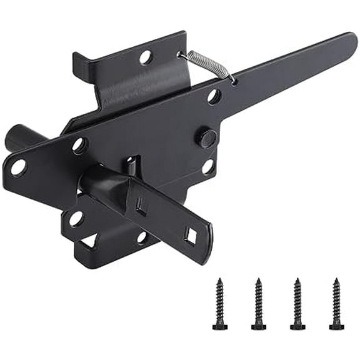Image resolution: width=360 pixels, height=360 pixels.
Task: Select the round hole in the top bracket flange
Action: (x=146, y=57)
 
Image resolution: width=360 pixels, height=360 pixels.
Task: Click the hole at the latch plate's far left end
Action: (x=18, y=167)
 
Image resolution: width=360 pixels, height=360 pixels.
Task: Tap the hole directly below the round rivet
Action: (x=208, y=167)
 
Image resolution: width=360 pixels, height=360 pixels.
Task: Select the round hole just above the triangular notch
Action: (x=76, y=219)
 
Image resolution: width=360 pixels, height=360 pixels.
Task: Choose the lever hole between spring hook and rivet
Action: (x=213, y=96)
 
